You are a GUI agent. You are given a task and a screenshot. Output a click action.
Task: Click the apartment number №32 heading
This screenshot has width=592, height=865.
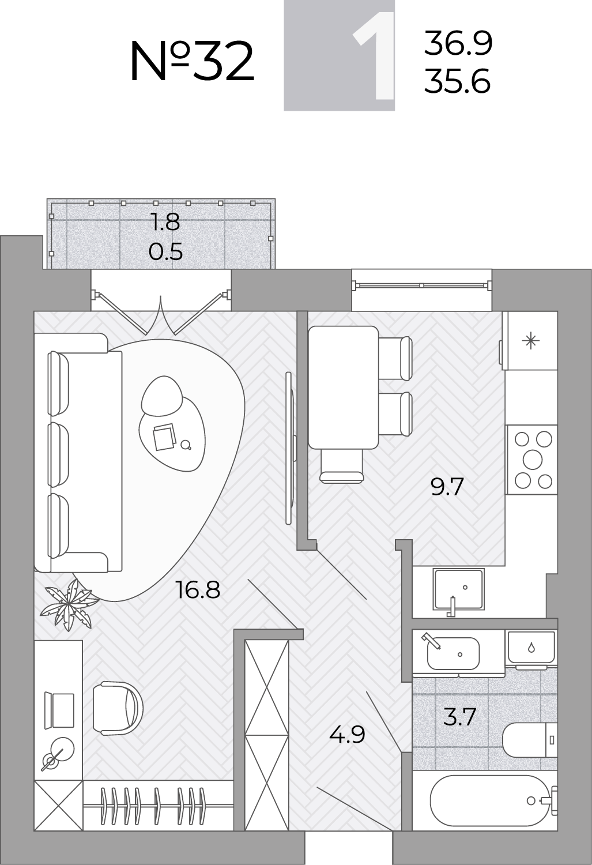(x=192, y=62)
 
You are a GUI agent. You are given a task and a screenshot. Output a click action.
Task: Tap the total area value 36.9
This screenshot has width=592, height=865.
(x=458, y=43)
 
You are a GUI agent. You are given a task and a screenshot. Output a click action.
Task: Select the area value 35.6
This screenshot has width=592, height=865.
(x=458, y=81)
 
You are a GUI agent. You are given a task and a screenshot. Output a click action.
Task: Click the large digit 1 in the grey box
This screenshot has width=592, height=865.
(x=374, y=55)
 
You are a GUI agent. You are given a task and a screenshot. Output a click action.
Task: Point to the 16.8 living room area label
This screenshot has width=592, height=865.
(x=198, y=590)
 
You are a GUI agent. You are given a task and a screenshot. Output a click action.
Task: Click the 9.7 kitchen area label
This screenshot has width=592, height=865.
(x=447, y=487)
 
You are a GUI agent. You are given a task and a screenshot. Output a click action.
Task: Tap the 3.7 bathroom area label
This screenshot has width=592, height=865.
(x=459, y=717)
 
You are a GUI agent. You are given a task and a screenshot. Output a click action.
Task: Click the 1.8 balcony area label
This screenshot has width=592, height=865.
(x=165, y=223)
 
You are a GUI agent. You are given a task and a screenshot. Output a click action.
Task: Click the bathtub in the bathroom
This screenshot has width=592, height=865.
(x=492, y=800)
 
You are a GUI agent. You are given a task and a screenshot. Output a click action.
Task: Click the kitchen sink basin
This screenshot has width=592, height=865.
(x=458, y=589)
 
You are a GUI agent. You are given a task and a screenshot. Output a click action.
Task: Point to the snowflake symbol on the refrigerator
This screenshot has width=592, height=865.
(x=531, y=341)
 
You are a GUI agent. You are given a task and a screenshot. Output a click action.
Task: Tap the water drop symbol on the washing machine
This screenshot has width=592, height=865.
(x=531, y=648)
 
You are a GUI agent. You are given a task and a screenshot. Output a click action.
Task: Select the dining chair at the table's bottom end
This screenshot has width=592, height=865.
(x=342, y=466)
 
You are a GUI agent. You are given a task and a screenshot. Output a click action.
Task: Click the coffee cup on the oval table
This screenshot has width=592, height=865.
(x=186, y=445)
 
